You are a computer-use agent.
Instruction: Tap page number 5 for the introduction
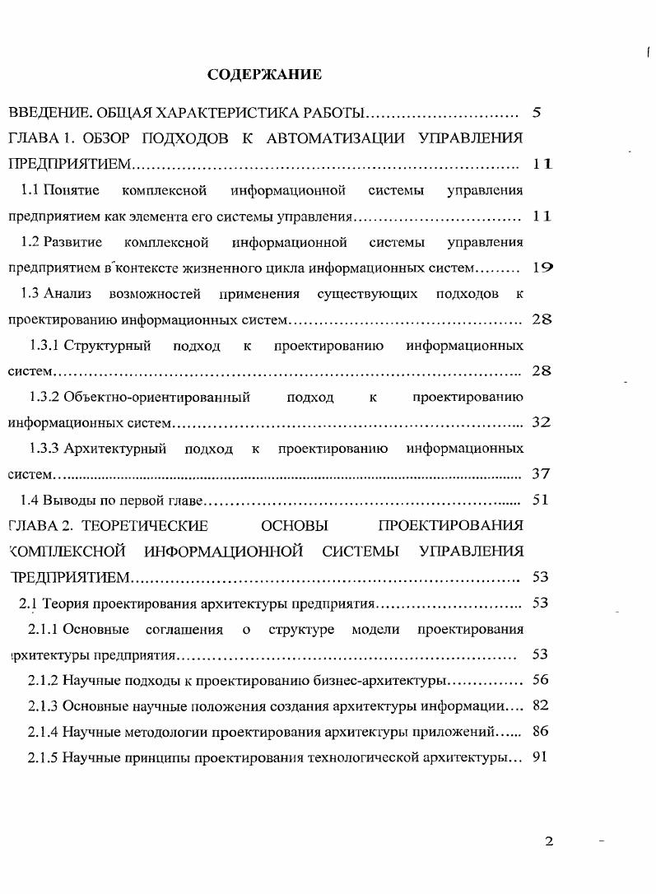tap(537, 113)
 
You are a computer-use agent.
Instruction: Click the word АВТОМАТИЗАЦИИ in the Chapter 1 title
tap(337, 138)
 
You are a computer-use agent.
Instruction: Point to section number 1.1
tap(30, 190)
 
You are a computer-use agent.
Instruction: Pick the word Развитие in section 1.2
tap(73, 242)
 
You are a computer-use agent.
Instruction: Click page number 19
tap(542, 268)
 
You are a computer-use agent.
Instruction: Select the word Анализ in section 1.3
tap(67, 294)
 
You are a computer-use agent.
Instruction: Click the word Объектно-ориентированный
tap(156, 398)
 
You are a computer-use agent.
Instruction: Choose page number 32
tap(541, 422)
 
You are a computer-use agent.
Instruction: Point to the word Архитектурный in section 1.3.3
tap(115, 449)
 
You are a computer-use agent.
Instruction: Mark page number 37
tap(541, 474)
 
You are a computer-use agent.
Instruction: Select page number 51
tap(541, 500)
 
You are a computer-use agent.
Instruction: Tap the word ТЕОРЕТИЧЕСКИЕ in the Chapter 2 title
tap(146, 525)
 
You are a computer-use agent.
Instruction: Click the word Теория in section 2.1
tap(65, 603)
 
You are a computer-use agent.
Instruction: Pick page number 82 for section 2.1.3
tap(541, 705)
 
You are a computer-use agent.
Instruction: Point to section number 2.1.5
tap(42, 757)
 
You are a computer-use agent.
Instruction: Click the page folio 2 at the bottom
tap(549, 841)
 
